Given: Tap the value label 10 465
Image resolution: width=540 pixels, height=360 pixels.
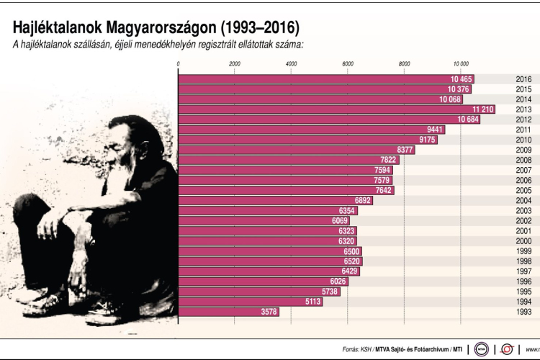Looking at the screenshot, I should [x=461, y=79].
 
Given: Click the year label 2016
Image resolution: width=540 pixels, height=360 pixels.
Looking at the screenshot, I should [x=523, y=79].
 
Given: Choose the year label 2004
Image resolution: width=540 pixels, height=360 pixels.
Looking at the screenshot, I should [x=523, y=200].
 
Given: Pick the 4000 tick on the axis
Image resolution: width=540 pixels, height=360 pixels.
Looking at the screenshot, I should [x=291, y=65].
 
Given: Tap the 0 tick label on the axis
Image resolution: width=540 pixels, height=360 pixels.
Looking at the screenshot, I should [x=178, y=65].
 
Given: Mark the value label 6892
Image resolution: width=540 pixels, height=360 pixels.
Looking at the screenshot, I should [x=362, y=200].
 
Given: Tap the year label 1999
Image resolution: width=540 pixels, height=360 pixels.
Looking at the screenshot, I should [x=523, y=251].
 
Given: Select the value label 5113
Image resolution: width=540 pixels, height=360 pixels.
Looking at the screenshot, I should [x=312, y=302].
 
